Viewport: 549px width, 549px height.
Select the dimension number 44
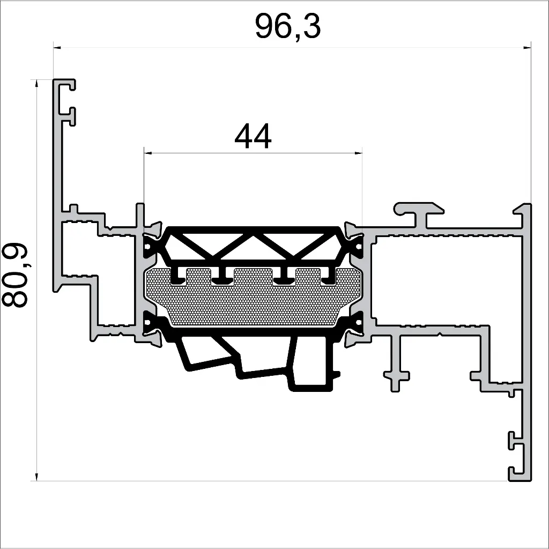253,137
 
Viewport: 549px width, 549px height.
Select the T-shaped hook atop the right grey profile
419,210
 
